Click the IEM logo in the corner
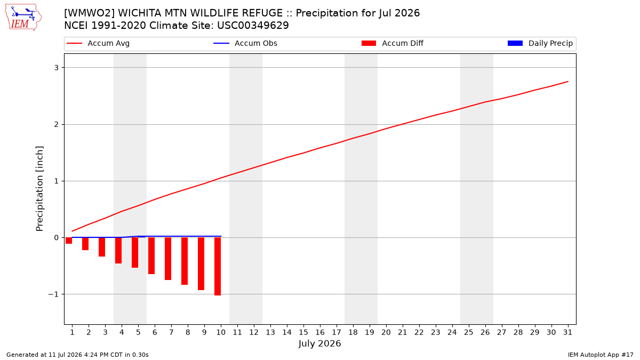(23, 18)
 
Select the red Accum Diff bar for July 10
(218, 266)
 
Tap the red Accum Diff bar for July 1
(69, 241)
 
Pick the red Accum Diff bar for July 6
(151, 255)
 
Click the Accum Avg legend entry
(98, 43)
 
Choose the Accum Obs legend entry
(245, 43)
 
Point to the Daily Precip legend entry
(540, 43)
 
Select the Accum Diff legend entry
(393, 43)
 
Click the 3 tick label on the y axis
(57, 68)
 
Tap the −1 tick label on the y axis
(53, 294)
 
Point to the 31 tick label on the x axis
(567, 332)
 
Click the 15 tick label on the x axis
(303, 332)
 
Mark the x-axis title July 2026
(319, 343)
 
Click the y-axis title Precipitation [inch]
(39, 189)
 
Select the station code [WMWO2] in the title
(90, 13)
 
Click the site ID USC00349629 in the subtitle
(253, 26)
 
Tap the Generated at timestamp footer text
(77, 355)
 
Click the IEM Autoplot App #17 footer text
(601, 355)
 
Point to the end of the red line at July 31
(567, 82)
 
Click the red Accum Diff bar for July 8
(185, 261)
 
